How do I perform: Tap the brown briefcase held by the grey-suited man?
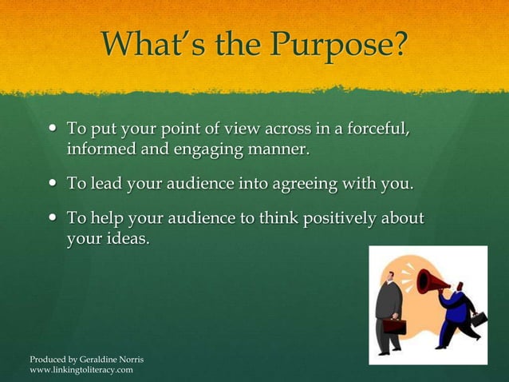pyautogui.click(x=393, y=325)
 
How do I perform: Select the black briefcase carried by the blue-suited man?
pyautogui.click(x=478, y=318)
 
